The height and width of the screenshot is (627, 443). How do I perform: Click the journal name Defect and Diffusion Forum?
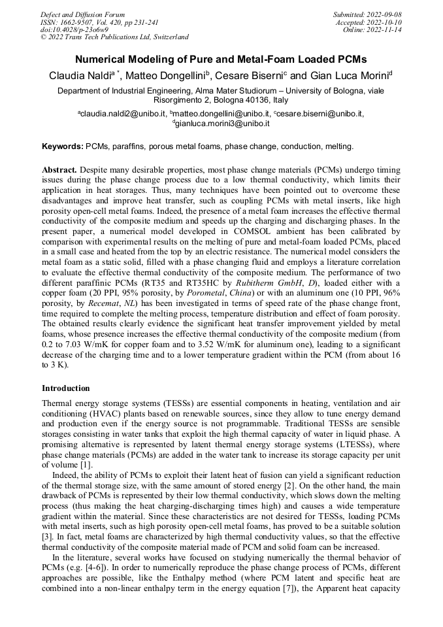click(x=82, y=14)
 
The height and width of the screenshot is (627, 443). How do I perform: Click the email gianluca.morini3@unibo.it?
click(x=223, y=123)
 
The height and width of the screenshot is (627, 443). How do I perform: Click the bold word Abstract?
click(x=61, y=169)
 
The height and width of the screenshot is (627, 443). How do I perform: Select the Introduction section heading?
click(x=66, y=388)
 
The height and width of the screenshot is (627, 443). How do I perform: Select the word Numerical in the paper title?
click(x=105, y=58)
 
